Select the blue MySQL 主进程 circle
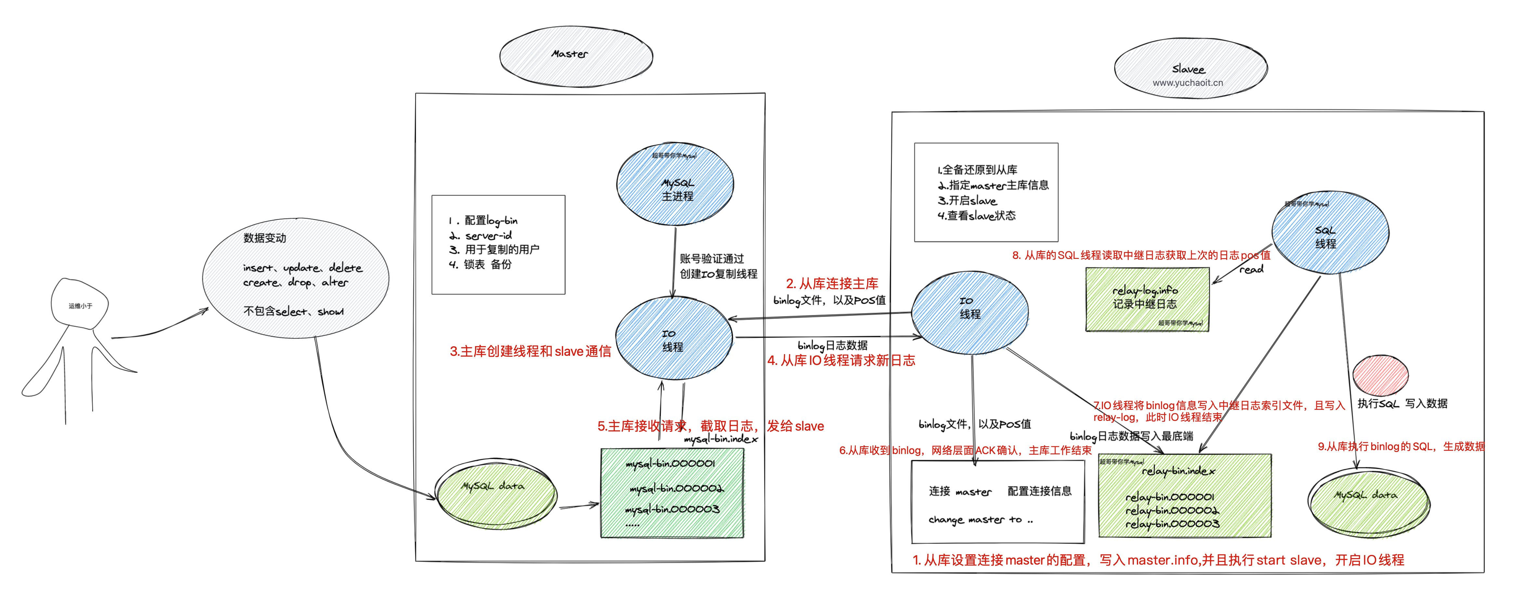coord(676,185)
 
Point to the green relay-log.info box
coord(1147,299)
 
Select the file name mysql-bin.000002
coord(676,488)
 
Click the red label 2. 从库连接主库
coord(832,284)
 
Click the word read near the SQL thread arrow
coord(1251,270)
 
